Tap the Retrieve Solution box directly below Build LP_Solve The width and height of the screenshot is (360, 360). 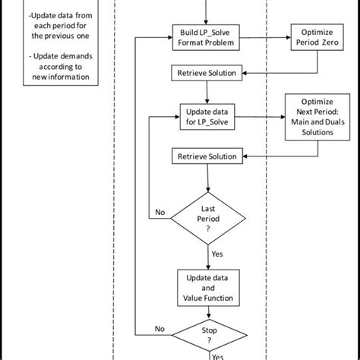coord(207,73)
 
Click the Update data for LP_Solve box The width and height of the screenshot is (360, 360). coord(207,118)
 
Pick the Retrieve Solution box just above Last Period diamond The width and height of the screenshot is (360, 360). coord(207,156)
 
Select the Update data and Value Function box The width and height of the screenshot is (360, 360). coord(207,288)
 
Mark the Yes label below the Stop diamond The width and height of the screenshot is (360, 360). coord(218,355)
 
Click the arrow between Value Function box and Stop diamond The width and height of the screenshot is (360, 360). coord(207,314)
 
